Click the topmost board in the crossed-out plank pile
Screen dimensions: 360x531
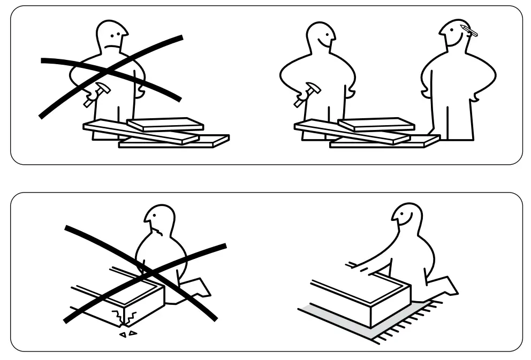point(165,124)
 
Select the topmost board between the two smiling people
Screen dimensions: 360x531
point(376,124)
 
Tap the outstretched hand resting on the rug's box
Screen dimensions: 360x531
point(352,264)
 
